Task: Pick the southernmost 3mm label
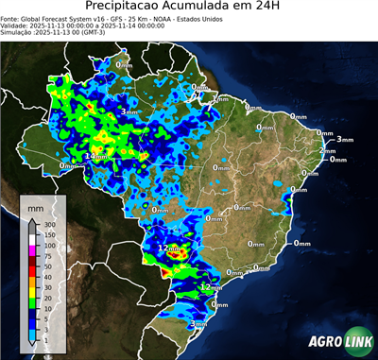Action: tap(199, 324)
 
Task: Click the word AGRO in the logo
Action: tap(324, 341)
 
